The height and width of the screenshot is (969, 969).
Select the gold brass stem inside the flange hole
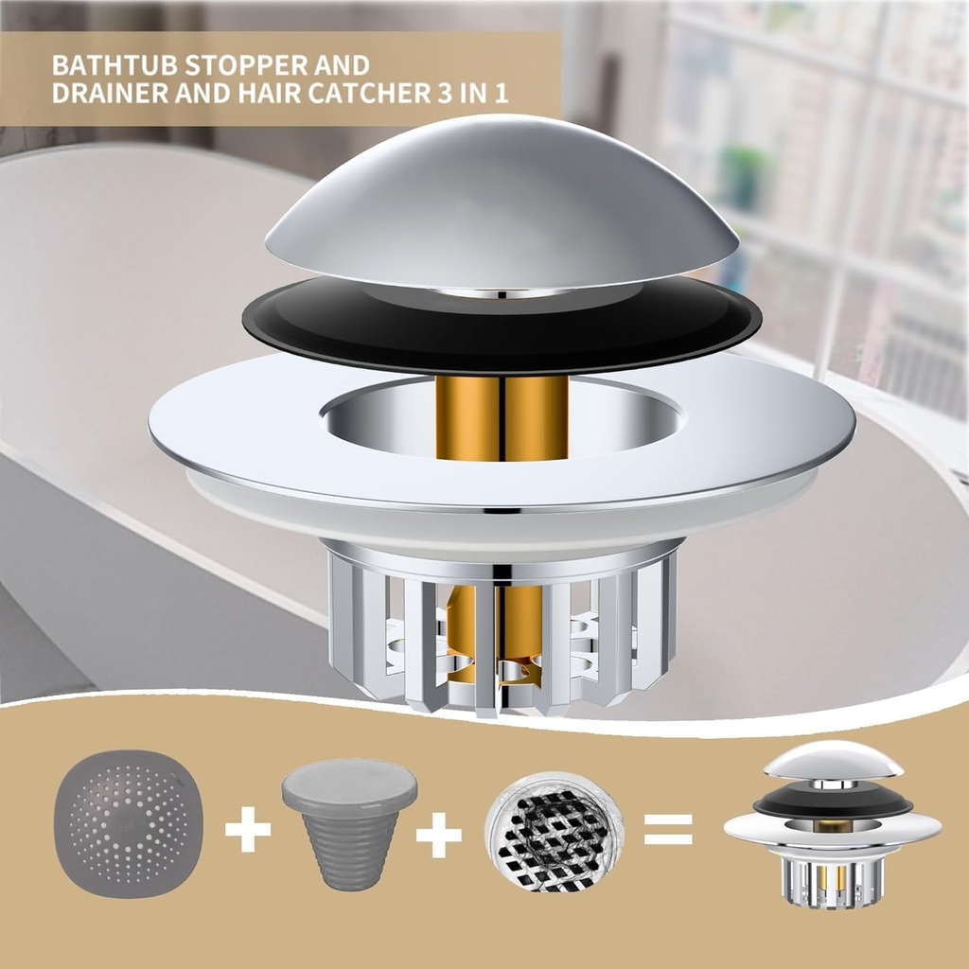click(x=502, y=416)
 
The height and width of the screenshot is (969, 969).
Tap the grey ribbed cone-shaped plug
click(x=349, y=833)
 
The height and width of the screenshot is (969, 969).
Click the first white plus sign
click(x=248, y=830)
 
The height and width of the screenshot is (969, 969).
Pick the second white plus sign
click(x=438, y=834)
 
